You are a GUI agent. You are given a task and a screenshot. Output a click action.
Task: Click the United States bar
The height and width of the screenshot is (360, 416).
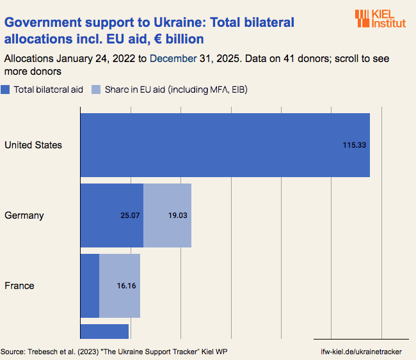pos(224,145)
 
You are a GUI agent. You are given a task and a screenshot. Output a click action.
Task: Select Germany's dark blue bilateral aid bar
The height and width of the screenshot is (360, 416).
pos(111,215)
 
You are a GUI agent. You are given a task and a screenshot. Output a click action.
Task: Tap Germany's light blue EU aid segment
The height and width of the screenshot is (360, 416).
pos(168,215)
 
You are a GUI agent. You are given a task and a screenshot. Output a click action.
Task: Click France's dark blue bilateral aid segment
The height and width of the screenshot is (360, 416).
pos(90,286)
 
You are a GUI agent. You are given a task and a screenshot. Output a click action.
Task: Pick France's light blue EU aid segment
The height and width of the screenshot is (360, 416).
pos(120,286)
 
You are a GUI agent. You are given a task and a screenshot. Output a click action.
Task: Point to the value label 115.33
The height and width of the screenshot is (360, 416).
pos(354,145)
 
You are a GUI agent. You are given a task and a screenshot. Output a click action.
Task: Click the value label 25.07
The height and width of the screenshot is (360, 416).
pos(130,215)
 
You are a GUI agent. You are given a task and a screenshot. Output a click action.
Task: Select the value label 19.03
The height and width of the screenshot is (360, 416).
pos(178,215)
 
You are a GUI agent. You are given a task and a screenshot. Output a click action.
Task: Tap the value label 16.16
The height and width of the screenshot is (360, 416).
pos(127,286)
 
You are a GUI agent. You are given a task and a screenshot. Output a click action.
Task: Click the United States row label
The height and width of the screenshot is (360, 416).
pos(33,145)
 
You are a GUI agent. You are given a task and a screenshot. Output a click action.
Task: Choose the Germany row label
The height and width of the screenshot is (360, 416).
pos(24,215)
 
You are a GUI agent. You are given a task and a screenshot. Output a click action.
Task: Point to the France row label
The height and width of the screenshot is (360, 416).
pos(19,286)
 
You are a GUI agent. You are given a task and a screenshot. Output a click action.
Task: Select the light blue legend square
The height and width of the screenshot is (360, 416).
pos(97,90)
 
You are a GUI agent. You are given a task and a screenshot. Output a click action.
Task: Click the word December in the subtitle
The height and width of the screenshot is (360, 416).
pos(173,58)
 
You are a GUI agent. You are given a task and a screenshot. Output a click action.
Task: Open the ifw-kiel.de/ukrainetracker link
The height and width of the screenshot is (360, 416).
pos(365,352)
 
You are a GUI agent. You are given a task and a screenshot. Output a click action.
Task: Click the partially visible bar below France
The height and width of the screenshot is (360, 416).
pos(104,331)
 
